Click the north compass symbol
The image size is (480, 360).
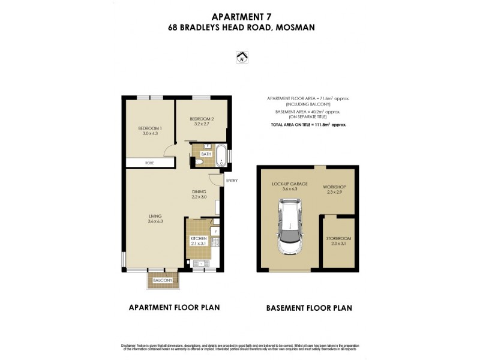point(242,58)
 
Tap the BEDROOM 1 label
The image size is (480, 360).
point(150,128)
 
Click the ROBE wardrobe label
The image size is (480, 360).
point(148,163)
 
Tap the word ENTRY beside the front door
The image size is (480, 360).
point(232,180)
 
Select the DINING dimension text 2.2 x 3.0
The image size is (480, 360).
point(199,196)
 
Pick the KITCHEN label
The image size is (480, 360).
point(198,238)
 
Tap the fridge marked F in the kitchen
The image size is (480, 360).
point(214,231)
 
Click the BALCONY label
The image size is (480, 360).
point(163,281)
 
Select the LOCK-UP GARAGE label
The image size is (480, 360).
point(289,184)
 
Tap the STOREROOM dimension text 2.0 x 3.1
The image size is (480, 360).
point(338,244)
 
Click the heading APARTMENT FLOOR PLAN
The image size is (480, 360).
point(175,307)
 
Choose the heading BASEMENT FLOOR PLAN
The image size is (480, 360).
point(309,308)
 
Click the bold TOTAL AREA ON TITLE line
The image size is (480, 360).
point(308,124)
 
